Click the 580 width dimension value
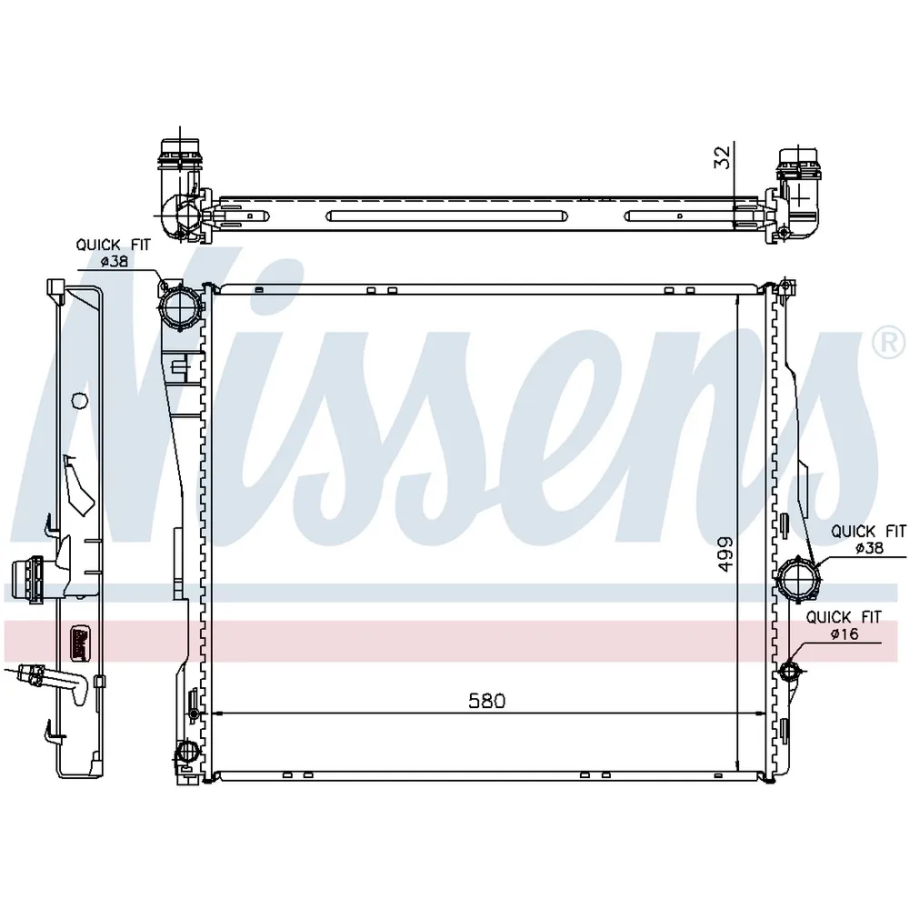[487, 701]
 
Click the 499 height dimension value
[725, 554]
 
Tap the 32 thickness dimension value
[722, 157]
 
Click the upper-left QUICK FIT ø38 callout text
[113, 253]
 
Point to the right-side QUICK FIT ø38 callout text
[868, 539]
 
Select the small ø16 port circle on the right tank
[790, 672]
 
